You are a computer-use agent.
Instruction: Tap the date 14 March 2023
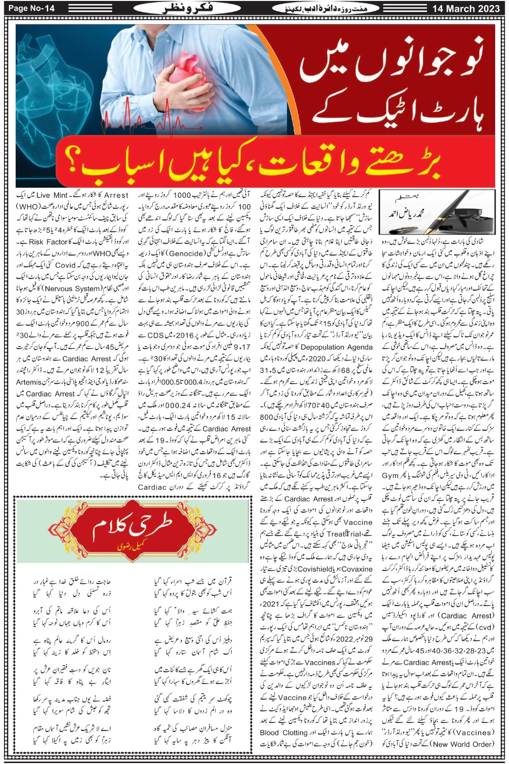coord(466,9)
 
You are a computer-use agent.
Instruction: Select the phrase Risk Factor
coord(49,242)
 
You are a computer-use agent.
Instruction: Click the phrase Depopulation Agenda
coord(337,347)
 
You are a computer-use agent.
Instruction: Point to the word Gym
coord(390,476)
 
